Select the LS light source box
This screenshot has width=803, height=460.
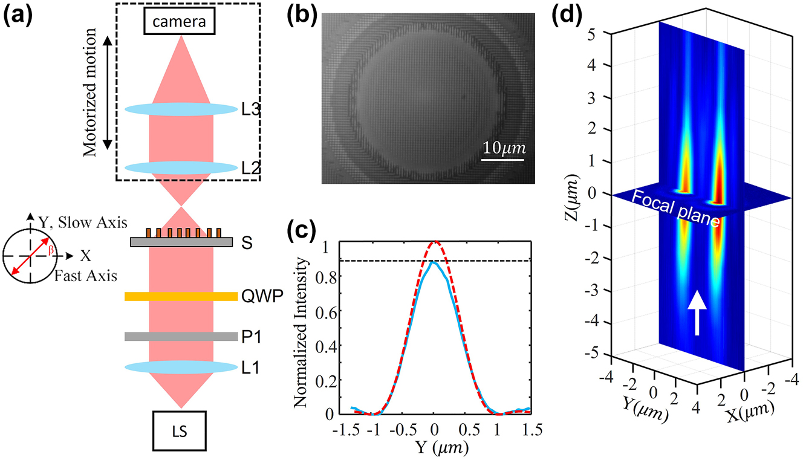point(181,432)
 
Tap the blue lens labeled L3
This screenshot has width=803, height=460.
point(181,110)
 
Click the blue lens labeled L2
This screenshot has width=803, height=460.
point(181,168)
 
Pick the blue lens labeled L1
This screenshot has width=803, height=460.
point(181,367)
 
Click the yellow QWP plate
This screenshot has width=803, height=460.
point(181,296)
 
